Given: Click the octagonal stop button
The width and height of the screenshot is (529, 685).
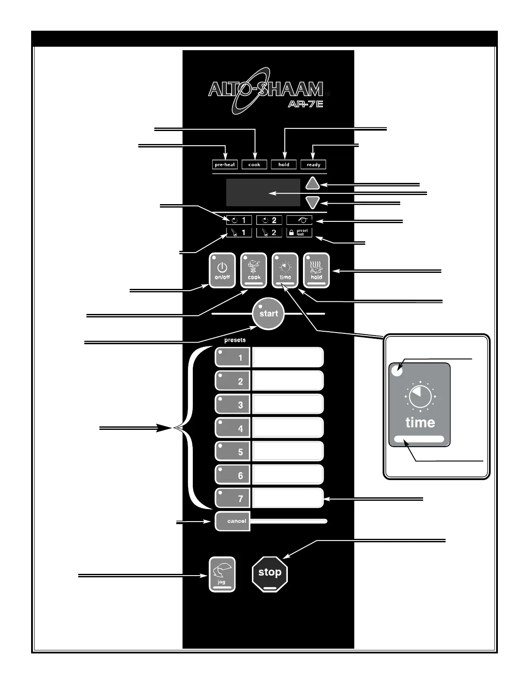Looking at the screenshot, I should click(270, 573).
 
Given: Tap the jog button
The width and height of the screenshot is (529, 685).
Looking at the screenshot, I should click(222, 574).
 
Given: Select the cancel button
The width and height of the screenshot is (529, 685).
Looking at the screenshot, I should click(233, 521).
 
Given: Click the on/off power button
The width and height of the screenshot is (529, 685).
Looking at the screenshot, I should click(222, 270).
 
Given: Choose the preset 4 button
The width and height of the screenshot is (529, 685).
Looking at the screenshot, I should click(233, 428).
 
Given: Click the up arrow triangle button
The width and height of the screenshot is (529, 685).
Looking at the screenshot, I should click(312, 184).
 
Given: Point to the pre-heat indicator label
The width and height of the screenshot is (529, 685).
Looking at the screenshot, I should click(225, 165).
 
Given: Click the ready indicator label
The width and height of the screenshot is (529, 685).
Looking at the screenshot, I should click(313, 165).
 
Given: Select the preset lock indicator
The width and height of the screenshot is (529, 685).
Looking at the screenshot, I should click(299, 232).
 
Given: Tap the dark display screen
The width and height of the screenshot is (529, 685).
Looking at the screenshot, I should click(263, 192).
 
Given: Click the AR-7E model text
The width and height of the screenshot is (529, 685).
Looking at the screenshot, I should click(306, 104).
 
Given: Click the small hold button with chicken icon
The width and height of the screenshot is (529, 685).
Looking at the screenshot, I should click(316, 270).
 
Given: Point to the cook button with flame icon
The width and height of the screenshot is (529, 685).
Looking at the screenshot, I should click(254, 270).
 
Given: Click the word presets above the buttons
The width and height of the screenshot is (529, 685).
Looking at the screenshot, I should click(235, 340).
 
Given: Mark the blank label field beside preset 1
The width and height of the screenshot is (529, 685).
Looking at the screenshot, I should click(288, 357).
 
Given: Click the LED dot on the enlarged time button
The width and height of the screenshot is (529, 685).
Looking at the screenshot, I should click(397, 371).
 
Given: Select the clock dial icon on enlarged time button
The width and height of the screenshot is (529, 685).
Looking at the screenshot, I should click(420, 397).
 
